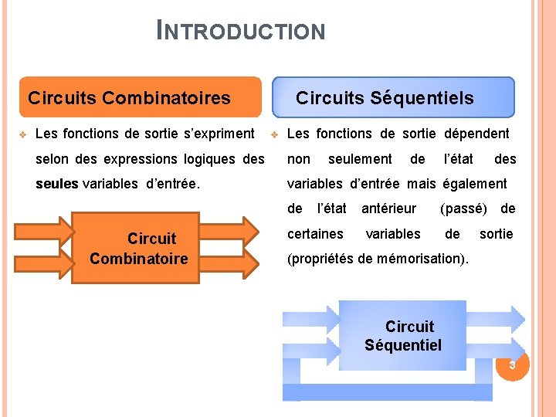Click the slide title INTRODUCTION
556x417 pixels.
coord(241,31)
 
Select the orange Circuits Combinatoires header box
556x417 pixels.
coord(140,97)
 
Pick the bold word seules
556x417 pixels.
coord(57,184)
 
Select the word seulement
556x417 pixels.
coord(360,159)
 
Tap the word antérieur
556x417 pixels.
coord(388,208)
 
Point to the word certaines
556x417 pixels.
coord(315,233)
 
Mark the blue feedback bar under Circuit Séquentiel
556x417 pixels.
coord(387,392)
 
